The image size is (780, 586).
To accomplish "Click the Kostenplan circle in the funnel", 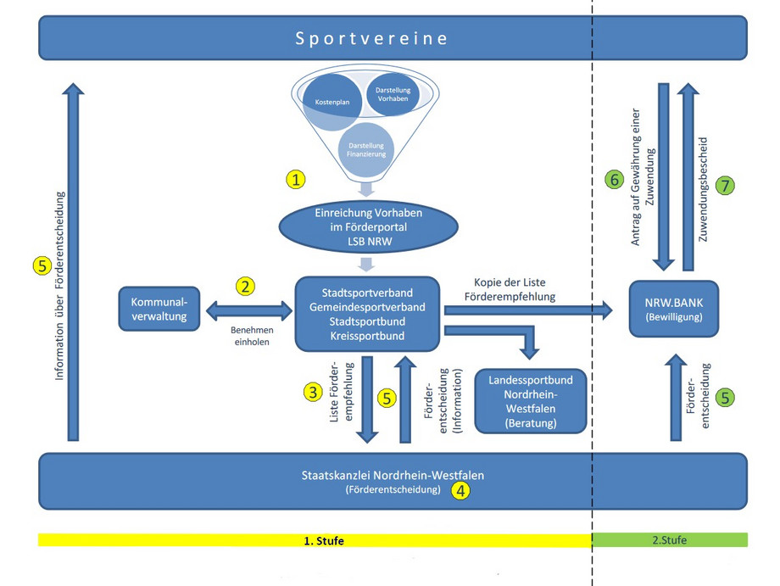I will click(333, 102).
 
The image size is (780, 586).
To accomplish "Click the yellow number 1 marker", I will click(296, 180).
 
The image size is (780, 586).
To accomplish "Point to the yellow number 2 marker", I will click(246, 287).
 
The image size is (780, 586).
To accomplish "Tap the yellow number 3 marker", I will click(314, 392).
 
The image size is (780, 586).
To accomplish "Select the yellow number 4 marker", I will click(460, 489).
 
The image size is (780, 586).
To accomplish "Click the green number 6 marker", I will click(614, 180).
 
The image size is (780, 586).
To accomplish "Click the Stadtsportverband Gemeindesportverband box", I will click(367, 313).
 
